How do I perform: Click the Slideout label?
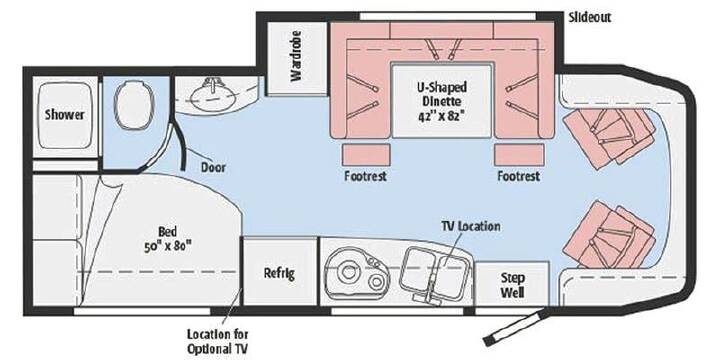point(590,18)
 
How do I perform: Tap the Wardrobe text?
point(296,56)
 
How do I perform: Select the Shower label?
point(65,114)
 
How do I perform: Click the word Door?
point(214,167)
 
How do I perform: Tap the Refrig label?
point(279,273)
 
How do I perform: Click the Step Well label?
point(512,285)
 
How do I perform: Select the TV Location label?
point(471,226)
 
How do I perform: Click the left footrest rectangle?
point(366,155)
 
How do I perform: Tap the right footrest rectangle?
point(519,155)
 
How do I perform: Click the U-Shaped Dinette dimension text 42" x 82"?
point(439,116)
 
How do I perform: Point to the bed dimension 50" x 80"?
point(168,246)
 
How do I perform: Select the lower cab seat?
point(609,235)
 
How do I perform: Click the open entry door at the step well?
point(514,327)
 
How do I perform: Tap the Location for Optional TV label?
point(218,341)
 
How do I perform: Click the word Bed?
point(168,232)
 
